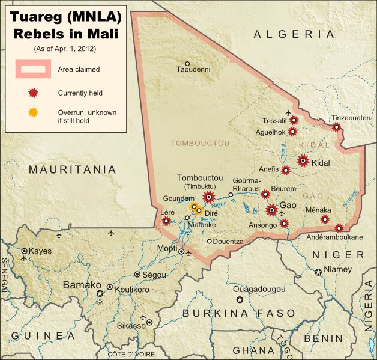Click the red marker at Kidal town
click(x=303, y=160)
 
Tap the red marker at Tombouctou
click(x=209, y=196)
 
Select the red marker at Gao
click(x=271, y=210)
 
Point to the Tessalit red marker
click(x=294, y=120)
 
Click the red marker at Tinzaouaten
click(x=337, y=127)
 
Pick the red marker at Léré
click(x=166, y=221)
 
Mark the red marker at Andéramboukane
click(x=339, y=228)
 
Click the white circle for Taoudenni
click(x=187, y=64)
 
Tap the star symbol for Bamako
click(x=100, y=293)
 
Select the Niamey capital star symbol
click(x=318, y=272)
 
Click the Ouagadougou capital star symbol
click(x=240, y=299)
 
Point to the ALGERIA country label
click(x=294, y=35)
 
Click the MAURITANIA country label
click(x=73, y=170)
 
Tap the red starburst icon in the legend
click(x=34, y=93)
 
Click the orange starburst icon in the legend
click(x=34, y=112)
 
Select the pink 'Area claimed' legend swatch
click(x=34, y=69)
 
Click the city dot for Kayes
click(x=24, y=251)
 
